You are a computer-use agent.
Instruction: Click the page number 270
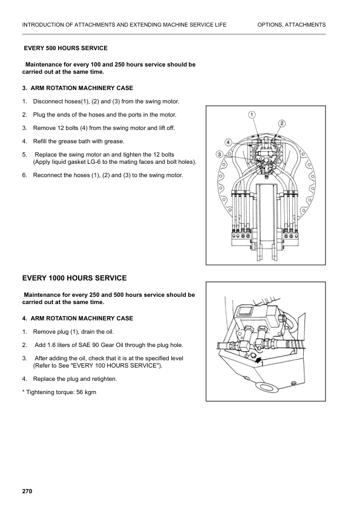27,491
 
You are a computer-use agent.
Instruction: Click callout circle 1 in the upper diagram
252,115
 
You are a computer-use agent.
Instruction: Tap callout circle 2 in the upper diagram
282,123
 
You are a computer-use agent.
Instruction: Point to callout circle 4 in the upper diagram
228,142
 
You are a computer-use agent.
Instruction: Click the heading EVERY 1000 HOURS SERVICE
74,278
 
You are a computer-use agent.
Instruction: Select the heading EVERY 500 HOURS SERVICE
65,48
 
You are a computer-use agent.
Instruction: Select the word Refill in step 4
42,141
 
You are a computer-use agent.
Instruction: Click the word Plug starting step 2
39,114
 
